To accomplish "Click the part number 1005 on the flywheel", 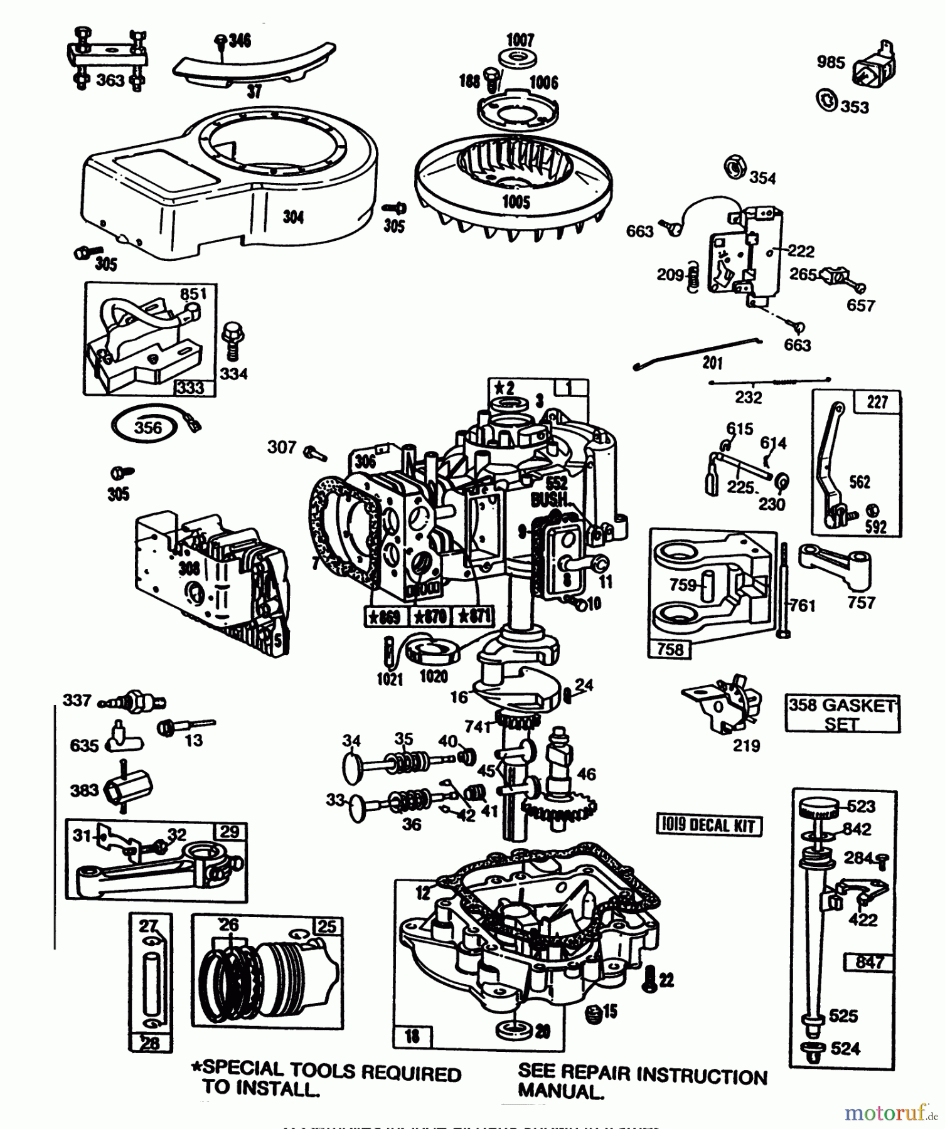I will pos(516,202).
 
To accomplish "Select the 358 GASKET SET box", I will pos(842,714).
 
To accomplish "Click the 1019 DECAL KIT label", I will pos(709,825).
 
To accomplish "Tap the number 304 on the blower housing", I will pos(293,217).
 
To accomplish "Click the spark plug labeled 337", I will pos(133,700).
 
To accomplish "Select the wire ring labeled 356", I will pos(147,428).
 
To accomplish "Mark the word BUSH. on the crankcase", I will pos(550,501).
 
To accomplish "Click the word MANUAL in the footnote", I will pos(560,1092).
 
